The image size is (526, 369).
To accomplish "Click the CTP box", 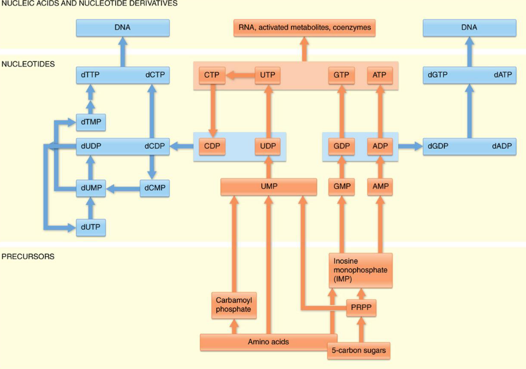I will [x=212, y=75].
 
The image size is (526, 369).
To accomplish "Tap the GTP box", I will [x=341, y=75].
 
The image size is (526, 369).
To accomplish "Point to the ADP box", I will [x=380, y=147].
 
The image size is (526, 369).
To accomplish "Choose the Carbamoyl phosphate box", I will [x=234, y=305].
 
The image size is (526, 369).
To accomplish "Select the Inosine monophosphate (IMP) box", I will [x=360, y=271].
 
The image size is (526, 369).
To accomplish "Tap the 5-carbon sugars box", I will [x=358, y=351].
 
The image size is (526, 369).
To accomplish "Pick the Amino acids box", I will [x=268, y=342].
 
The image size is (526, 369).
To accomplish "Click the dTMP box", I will [x=90, y=122].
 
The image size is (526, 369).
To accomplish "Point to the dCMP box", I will [x=154, y=189].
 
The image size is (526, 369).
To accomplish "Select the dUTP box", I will [x=90, y=228].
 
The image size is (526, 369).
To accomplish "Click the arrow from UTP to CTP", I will [x=240, y=75].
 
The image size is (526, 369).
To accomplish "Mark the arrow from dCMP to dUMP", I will [x=122, y=189].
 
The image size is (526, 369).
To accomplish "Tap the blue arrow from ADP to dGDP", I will [x=408, y=147].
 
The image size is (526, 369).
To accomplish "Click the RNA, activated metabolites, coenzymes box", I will [x=304, y=27].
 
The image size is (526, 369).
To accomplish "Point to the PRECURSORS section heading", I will [x=27, y=257].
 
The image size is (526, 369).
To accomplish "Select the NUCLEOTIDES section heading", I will [x=28, y=64].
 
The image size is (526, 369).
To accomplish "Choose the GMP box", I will [x=341, y=186].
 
